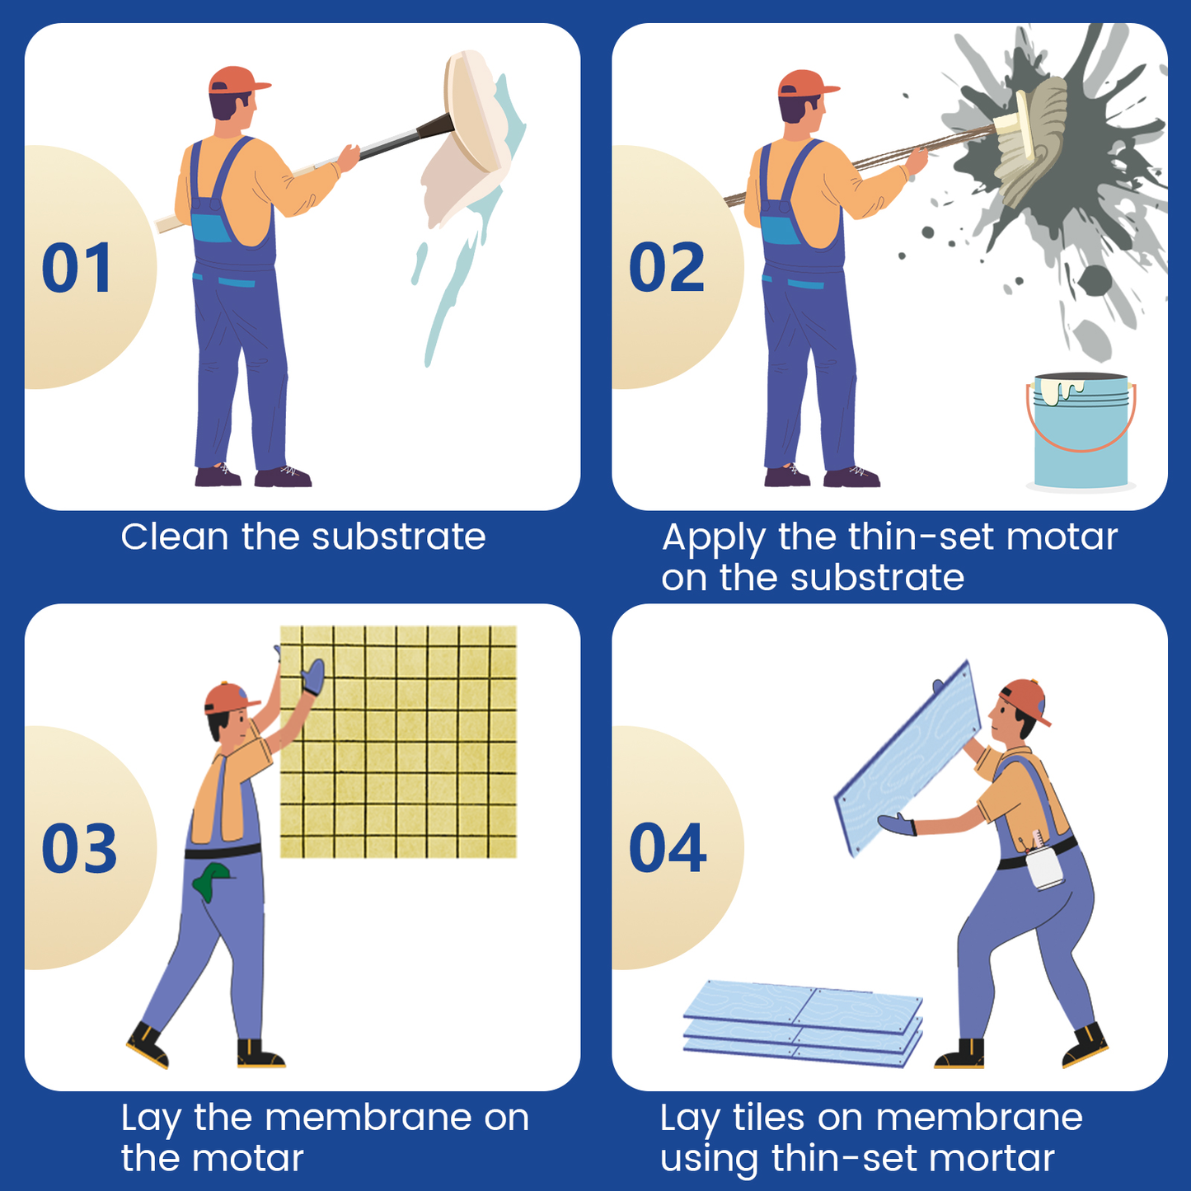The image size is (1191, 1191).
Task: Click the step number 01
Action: pyautogui.click(x=76, y=267)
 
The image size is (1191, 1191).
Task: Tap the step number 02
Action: pyautogui.click(x=666, y=267)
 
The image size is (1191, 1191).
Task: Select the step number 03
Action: pyautogui.click(x=79, y=848)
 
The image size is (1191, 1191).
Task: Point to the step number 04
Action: pyautogui.click(x=668, y=848)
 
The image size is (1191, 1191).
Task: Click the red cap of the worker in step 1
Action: pyautogui.click(x=237, y=80)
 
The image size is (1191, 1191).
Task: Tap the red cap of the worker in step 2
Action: pyautogui.click(x=807, y=82)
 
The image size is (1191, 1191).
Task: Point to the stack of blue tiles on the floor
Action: pyautogui.click(x=803, y=1023)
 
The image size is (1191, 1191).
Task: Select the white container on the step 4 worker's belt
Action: pyautogui.click(x=1044, y=868)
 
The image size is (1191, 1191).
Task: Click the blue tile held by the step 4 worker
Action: pyautogui.click(x=907, y=759)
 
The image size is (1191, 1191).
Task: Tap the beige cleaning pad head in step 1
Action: pyautogui.click(x=473, y=111)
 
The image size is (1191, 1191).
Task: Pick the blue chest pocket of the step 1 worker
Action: pyautogui.click(x=211, y=227)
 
